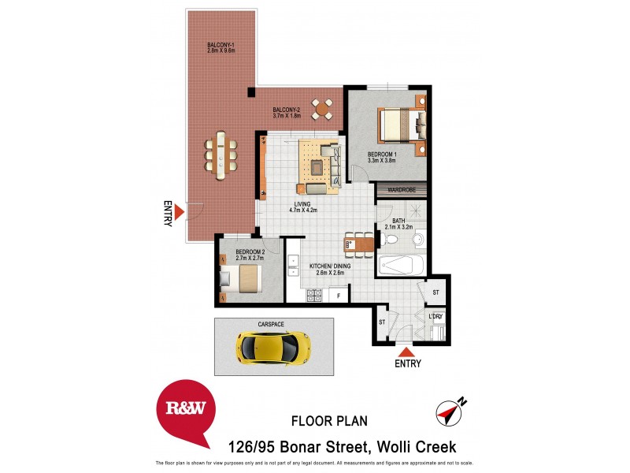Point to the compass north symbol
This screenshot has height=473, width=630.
pos(449,410)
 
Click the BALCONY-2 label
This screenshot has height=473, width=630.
pos(287,113)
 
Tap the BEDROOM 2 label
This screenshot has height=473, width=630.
pos(239,254)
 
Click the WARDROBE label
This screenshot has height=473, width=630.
pos(402,189)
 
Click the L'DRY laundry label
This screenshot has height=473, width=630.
pos(436,317)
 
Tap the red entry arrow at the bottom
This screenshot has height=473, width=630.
pos(405,352)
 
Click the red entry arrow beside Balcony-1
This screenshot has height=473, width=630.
pos(180,212)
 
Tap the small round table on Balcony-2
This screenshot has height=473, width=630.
pos(322,108)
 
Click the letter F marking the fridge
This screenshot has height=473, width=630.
pos(339,296)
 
